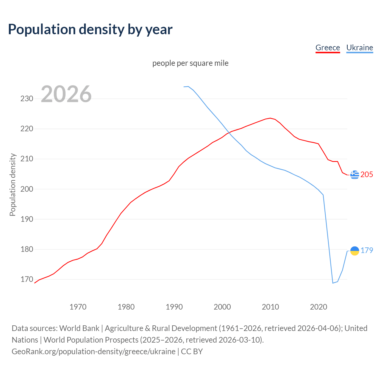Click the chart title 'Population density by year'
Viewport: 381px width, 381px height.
click(90, 29)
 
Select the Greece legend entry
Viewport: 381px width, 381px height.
click(327, 48)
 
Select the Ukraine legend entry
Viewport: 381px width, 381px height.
click(360, 48)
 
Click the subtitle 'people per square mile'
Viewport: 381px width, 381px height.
click(190, 63)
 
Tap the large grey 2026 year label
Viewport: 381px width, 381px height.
click(66, 94)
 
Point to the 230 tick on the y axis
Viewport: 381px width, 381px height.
click(27, 99)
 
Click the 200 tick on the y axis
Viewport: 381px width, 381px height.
click(27, 189)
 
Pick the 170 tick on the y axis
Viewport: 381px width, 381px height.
click(27, 279)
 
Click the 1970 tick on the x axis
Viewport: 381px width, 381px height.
click(78, 307)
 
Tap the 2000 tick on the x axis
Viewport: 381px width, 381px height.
click(222, 307)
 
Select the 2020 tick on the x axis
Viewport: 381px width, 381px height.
click(318, 307)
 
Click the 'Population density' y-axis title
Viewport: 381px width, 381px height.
click(13, 185)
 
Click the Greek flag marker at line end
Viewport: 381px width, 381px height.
click(355, 175)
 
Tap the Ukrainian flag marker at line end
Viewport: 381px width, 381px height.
click(355, 251)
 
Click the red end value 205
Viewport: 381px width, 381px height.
click(367, 175)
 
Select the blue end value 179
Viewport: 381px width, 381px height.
click(367, 251)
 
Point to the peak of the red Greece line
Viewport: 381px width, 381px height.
click(270, 118)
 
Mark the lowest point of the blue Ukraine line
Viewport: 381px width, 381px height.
click(333, 283)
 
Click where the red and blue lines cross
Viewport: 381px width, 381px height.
click(229, 132)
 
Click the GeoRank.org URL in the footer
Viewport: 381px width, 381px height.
click(93, 352)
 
